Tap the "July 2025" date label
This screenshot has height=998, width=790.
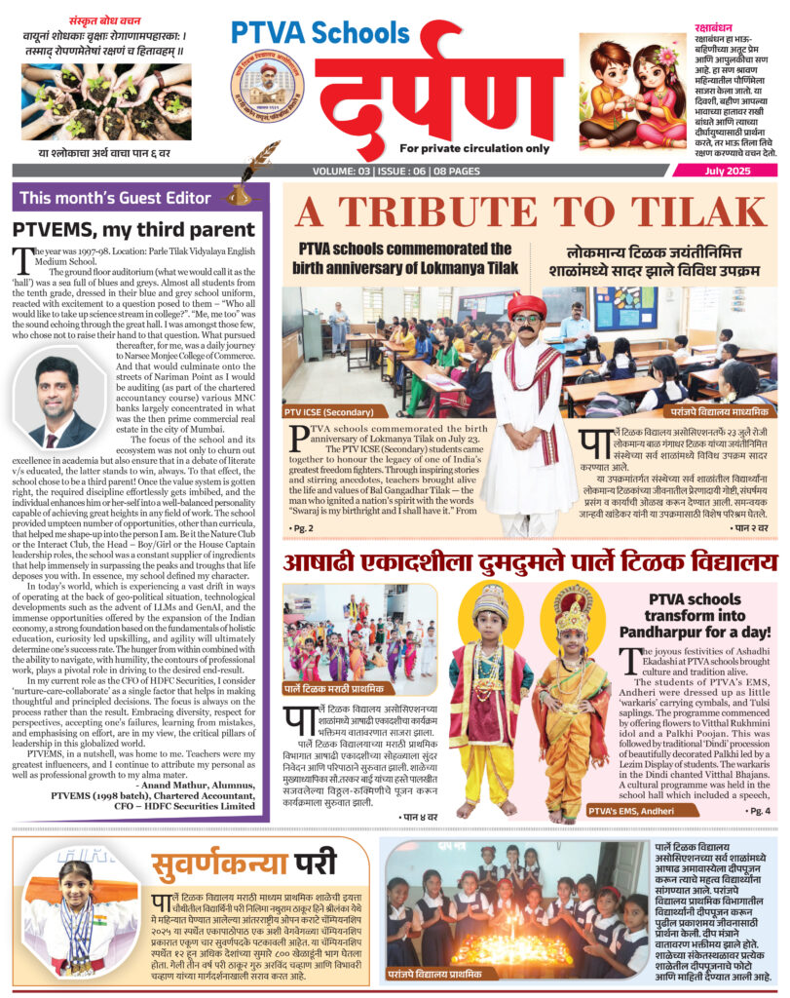pyautogui.click(x=733, y=172)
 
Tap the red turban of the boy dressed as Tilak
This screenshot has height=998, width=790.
pyautogui.click(x=526, y=304)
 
